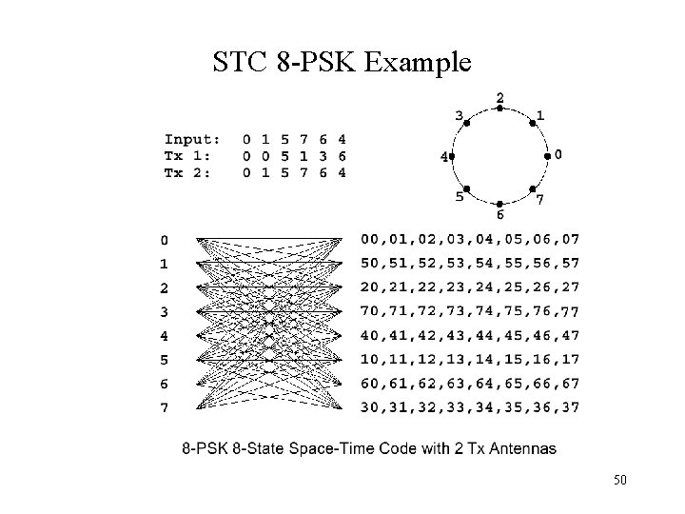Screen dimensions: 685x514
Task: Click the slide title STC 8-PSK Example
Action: (x=342, y=63)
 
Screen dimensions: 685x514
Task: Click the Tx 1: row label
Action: (x=189, y=156)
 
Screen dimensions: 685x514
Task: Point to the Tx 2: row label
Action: (x=189, y=172)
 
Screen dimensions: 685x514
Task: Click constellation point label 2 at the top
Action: (x=500, y=97)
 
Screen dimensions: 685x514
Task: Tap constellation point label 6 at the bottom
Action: (x=500, y=215)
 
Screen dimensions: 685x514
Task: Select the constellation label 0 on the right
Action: (x=558, y=153)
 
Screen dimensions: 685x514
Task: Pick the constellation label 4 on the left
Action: (x=443, y=158)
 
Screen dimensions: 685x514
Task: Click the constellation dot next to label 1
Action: (x=531, y=123)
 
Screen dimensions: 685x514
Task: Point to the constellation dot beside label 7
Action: (x=532, y=189)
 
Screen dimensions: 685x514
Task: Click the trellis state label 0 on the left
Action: (x=166, y=240)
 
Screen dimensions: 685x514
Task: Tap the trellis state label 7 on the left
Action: (x=166, y=408)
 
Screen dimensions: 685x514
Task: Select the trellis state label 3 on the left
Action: (x=166, y=312)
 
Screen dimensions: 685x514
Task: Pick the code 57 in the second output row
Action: (x=569, y=263)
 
